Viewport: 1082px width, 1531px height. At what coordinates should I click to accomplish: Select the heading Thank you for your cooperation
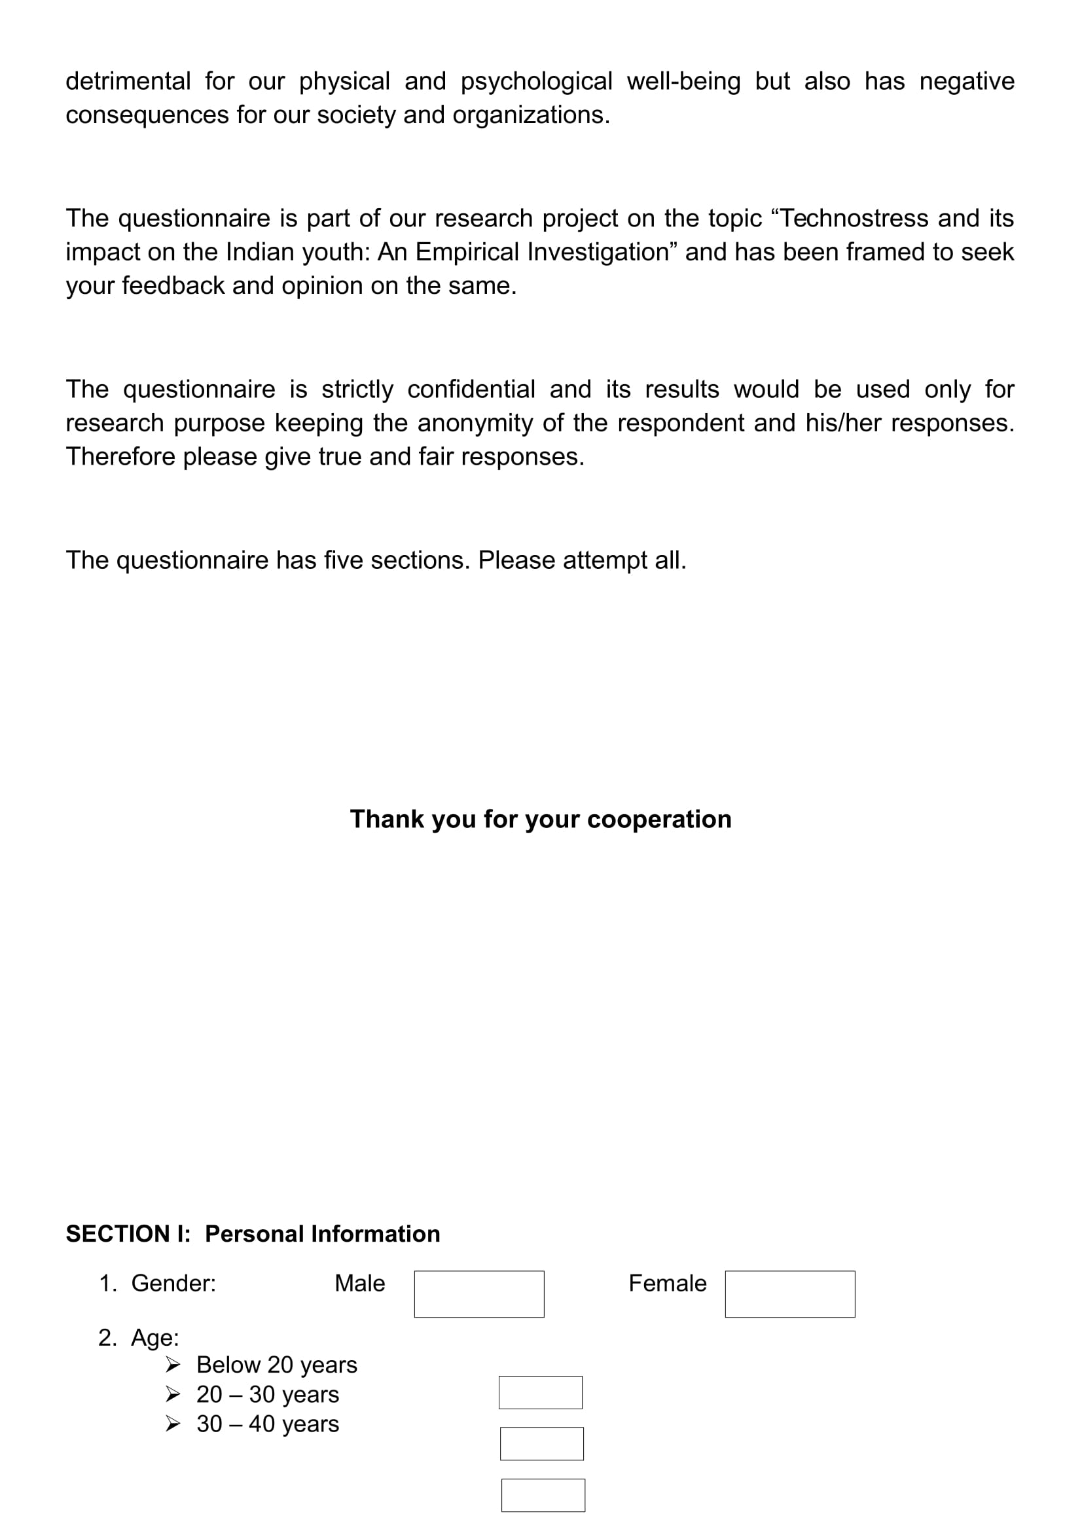pyautogui.click(x=540, y=819)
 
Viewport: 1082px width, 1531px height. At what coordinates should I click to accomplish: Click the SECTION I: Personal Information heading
pyautogui.click(x=253, y=1234)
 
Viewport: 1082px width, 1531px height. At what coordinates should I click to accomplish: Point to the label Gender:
pyautogui.click(x=173, y=1283)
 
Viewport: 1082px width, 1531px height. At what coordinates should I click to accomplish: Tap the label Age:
pyautogui.click(x=154, y=1338)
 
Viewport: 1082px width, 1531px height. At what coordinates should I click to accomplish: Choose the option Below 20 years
pyautogui.click(x=277, y=1365)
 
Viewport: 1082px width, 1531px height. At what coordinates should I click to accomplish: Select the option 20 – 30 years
pyautogui.click(x=267, y=1394)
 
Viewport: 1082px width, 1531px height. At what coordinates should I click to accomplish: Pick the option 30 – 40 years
pyautogui.click(x=267, y=1424)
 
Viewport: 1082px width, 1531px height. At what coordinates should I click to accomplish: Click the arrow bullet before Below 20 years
pyautogui.click(x=173, y=1365)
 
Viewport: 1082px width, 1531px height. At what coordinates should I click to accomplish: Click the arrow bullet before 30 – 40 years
pyautogui.click(x=173, y=1424)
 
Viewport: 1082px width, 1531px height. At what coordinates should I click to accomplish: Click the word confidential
pyautogui.click(x=471, y=389)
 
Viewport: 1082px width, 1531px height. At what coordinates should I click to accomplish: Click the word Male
pyautogui.click(x=359, y=1283)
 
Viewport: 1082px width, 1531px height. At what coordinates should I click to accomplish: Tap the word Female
pyautogui.click(x=668, y=1283)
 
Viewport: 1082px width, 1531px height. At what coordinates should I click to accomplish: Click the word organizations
pyautogui.click(x=531, y=115)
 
